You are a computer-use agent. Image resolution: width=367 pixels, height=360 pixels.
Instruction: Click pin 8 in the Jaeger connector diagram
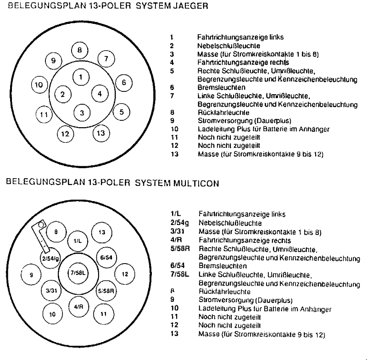79,51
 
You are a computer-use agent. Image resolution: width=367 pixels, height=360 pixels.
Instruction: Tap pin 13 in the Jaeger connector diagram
101,133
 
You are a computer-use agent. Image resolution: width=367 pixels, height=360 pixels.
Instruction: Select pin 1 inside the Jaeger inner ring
81,77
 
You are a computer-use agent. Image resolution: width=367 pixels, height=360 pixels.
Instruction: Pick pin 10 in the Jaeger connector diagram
39,84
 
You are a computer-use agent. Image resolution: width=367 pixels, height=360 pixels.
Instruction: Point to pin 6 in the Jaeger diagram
124,83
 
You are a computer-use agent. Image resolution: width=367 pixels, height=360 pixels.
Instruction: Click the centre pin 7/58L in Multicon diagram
78,273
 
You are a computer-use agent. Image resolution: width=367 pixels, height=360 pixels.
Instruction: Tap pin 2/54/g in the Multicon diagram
50,259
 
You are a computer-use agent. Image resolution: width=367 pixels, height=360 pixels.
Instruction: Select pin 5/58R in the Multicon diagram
106,291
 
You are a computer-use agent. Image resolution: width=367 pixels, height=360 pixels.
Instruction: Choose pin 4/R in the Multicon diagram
78,307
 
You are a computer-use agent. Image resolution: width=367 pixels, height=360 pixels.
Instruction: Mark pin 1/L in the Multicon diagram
78,241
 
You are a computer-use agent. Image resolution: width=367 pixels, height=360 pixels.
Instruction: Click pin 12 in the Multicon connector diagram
125,274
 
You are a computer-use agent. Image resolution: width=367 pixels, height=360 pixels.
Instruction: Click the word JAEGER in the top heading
190,6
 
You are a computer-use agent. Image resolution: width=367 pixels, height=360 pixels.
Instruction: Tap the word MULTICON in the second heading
196,183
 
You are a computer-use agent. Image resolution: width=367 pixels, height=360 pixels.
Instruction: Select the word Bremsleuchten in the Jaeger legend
222,87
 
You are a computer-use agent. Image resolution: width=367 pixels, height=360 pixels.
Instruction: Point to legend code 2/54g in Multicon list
179,223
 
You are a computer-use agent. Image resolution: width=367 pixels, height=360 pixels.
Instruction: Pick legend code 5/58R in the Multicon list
180,248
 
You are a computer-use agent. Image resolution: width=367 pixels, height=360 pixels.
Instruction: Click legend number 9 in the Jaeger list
172,121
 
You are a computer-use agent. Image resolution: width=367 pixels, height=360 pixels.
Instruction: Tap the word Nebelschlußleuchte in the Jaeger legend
228,45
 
